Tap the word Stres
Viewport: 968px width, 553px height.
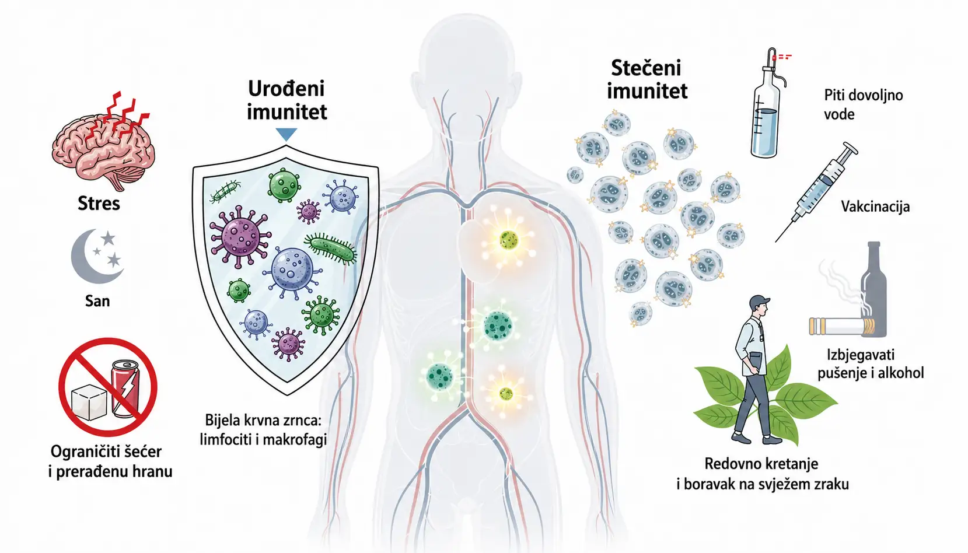pos(99,204)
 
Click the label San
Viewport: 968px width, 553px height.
pos(97,300)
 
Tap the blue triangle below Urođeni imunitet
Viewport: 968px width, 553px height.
pos(286,134)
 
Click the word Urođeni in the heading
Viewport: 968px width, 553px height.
pos(286,89)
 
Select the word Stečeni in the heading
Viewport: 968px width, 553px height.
pos(646,68)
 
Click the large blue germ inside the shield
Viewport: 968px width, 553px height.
pos(292,269)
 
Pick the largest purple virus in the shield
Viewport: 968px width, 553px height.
pos(240,236)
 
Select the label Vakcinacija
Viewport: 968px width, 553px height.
pos(875,206)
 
